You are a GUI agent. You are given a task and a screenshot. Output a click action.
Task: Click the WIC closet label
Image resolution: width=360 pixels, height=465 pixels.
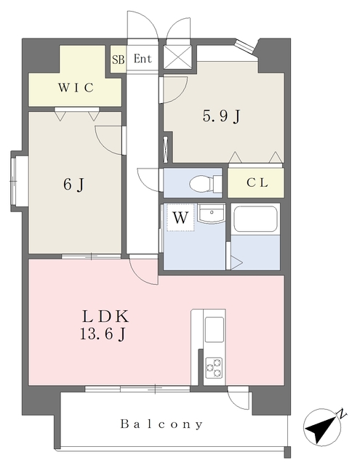coord(76,88)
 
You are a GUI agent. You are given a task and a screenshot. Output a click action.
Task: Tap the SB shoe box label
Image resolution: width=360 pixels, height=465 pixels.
coord(118,60)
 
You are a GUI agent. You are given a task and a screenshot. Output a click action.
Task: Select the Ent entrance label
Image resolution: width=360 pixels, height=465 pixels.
coord(143,59)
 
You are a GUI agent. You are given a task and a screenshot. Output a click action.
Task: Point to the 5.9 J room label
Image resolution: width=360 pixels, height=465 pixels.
coord(221,116)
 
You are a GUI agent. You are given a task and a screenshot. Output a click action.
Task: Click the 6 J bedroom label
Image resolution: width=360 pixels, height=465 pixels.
coord(74,185)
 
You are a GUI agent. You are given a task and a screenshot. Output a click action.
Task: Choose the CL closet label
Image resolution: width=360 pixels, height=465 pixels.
coord(257,182)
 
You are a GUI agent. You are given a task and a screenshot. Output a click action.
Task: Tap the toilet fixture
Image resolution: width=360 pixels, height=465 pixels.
coord(206,183)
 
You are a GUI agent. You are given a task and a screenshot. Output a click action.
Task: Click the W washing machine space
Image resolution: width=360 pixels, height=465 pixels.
coord(180,218)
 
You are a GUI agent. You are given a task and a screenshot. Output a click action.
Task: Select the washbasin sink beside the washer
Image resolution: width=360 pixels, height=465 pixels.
coord(211,213)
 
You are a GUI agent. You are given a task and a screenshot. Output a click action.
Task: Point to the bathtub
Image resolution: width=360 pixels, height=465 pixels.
coord(255,219)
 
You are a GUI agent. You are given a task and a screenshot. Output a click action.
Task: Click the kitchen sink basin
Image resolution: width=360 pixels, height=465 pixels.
coord(215,329)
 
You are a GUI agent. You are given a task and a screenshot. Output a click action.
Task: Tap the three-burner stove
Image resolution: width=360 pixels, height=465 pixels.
coord(214,368)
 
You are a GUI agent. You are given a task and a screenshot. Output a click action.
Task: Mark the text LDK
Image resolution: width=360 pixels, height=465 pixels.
coord(105,317)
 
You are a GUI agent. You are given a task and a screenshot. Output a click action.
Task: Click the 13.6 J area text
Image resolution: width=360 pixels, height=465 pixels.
coord(103,335)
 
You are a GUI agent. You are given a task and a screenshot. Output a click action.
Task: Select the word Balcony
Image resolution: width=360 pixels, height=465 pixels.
coord(161,424)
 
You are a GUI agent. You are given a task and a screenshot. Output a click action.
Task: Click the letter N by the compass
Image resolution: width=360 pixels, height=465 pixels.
coord(343,413)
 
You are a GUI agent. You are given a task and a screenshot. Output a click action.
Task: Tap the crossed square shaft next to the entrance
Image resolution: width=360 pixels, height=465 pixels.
coord(177,57)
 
